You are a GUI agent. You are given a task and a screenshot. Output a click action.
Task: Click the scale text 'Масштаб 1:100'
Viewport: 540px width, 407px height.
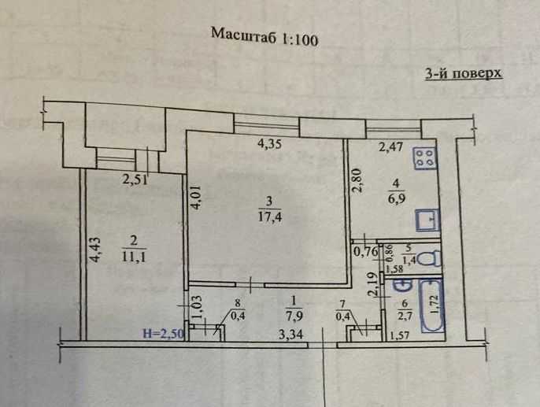pyautogui.click(x=264, y=37)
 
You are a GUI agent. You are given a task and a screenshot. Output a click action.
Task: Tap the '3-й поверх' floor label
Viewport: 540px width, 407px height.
pyautogui.click(x=464, y=73)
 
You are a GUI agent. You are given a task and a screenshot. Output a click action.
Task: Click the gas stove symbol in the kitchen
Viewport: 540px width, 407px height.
pyautogui.click(x=426, y=158)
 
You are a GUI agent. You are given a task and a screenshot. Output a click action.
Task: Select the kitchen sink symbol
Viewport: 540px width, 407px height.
pyautogui.click(x=427, y=220)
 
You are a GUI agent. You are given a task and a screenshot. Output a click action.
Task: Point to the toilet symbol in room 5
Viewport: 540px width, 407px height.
pyautogui.click(x=431, y=258)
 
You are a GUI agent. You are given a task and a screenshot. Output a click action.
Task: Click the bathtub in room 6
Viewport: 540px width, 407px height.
pyautogui.click(x=432, y=306)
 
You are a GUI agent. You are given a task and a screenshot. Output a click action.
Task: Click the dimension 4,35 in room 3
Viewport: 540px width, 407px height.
pyautogui.click(x=269, y=143)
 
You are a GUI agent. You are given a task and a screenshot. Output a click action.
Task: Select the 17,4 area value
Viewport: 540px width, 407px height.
pyautogui.click(x=269, y=217)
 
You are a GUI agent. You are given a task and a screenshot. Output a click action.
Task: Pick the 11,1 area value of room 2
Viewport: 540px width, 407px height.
pyautogui.click(x=133, y=257)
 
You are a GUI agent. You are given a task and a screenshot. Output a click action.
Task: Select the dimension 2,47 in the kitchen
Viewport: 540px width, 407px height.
pyautogui.click(x=390, y=147)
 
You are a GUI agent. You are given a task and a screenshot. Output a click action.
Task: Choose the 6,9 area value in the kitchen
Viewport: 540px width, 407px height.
pyautogui.click(x=396, y=198)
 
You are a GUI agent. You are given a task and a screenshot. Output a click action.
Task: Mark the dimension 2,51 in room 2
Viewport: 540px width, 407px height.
pyautogui.click(x=135, y=179)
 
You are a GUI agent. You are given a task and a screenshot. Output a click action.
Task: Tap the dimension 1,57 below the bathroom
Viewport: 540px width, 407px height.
pyautogui.click(x=399, y=335)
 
